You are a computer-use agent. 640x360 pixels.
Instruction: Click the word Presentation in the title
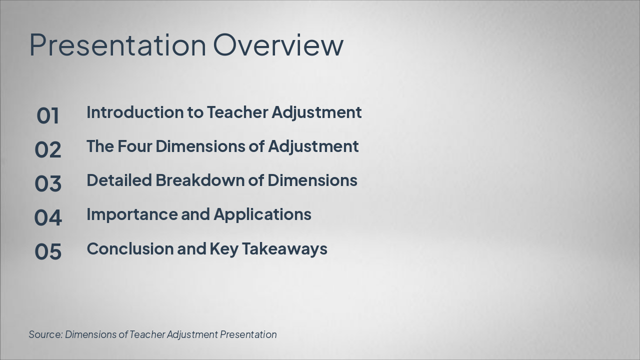117,45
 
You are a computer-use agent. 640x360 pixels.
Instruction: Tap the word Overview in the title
278,44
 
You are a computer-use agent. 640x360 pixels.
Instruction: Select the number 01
47,115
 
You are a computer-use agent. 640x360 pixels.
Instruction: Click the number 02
47,149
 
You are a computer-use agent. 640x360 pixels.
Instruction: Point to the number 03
47,183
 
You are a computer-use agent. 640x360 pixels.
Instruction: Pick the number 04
47,217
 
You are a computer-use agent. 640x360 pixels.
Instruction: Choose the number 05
47,251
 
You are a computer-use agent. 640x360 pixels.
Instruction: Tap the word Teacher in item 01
237,112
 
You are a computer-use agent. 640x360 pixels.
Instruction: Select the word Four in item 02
134,146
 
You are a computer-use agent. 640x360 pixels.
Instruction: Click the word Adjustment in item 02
313,147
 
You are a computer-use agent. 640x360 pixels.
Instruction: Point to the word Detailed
119,180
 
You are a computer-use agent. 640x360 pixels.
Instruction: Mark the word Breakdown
200,180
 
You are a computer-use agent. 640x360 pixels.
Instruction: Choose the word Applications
262,215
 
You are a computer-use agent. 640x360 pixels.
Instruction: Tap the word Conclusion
130,248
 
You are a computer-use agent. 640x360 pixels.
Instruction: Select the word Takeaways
284,249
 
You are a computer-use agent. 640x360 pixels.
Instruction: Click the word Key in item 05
224,249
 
